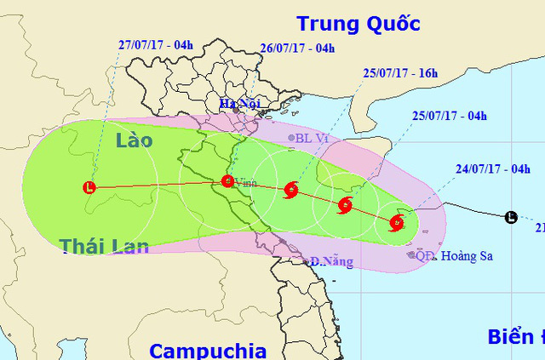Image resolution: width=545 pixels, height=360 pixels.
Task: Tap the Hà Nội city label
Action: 237,105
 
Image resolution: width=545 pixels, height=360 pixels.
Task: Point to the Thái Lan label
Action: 105,246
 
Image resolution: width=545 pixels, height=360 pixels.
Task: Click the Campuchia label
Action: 208,350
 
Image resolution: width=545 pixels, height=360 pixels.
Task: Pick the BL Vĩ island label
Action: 311,137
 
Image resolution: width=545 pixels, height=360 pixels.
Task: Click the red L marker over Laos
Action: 89,187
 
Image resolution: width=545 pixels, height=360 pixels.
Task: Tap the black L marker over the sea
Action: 510,217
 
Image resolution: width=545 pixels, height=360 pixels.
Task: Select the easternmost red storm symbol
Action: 396,224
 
